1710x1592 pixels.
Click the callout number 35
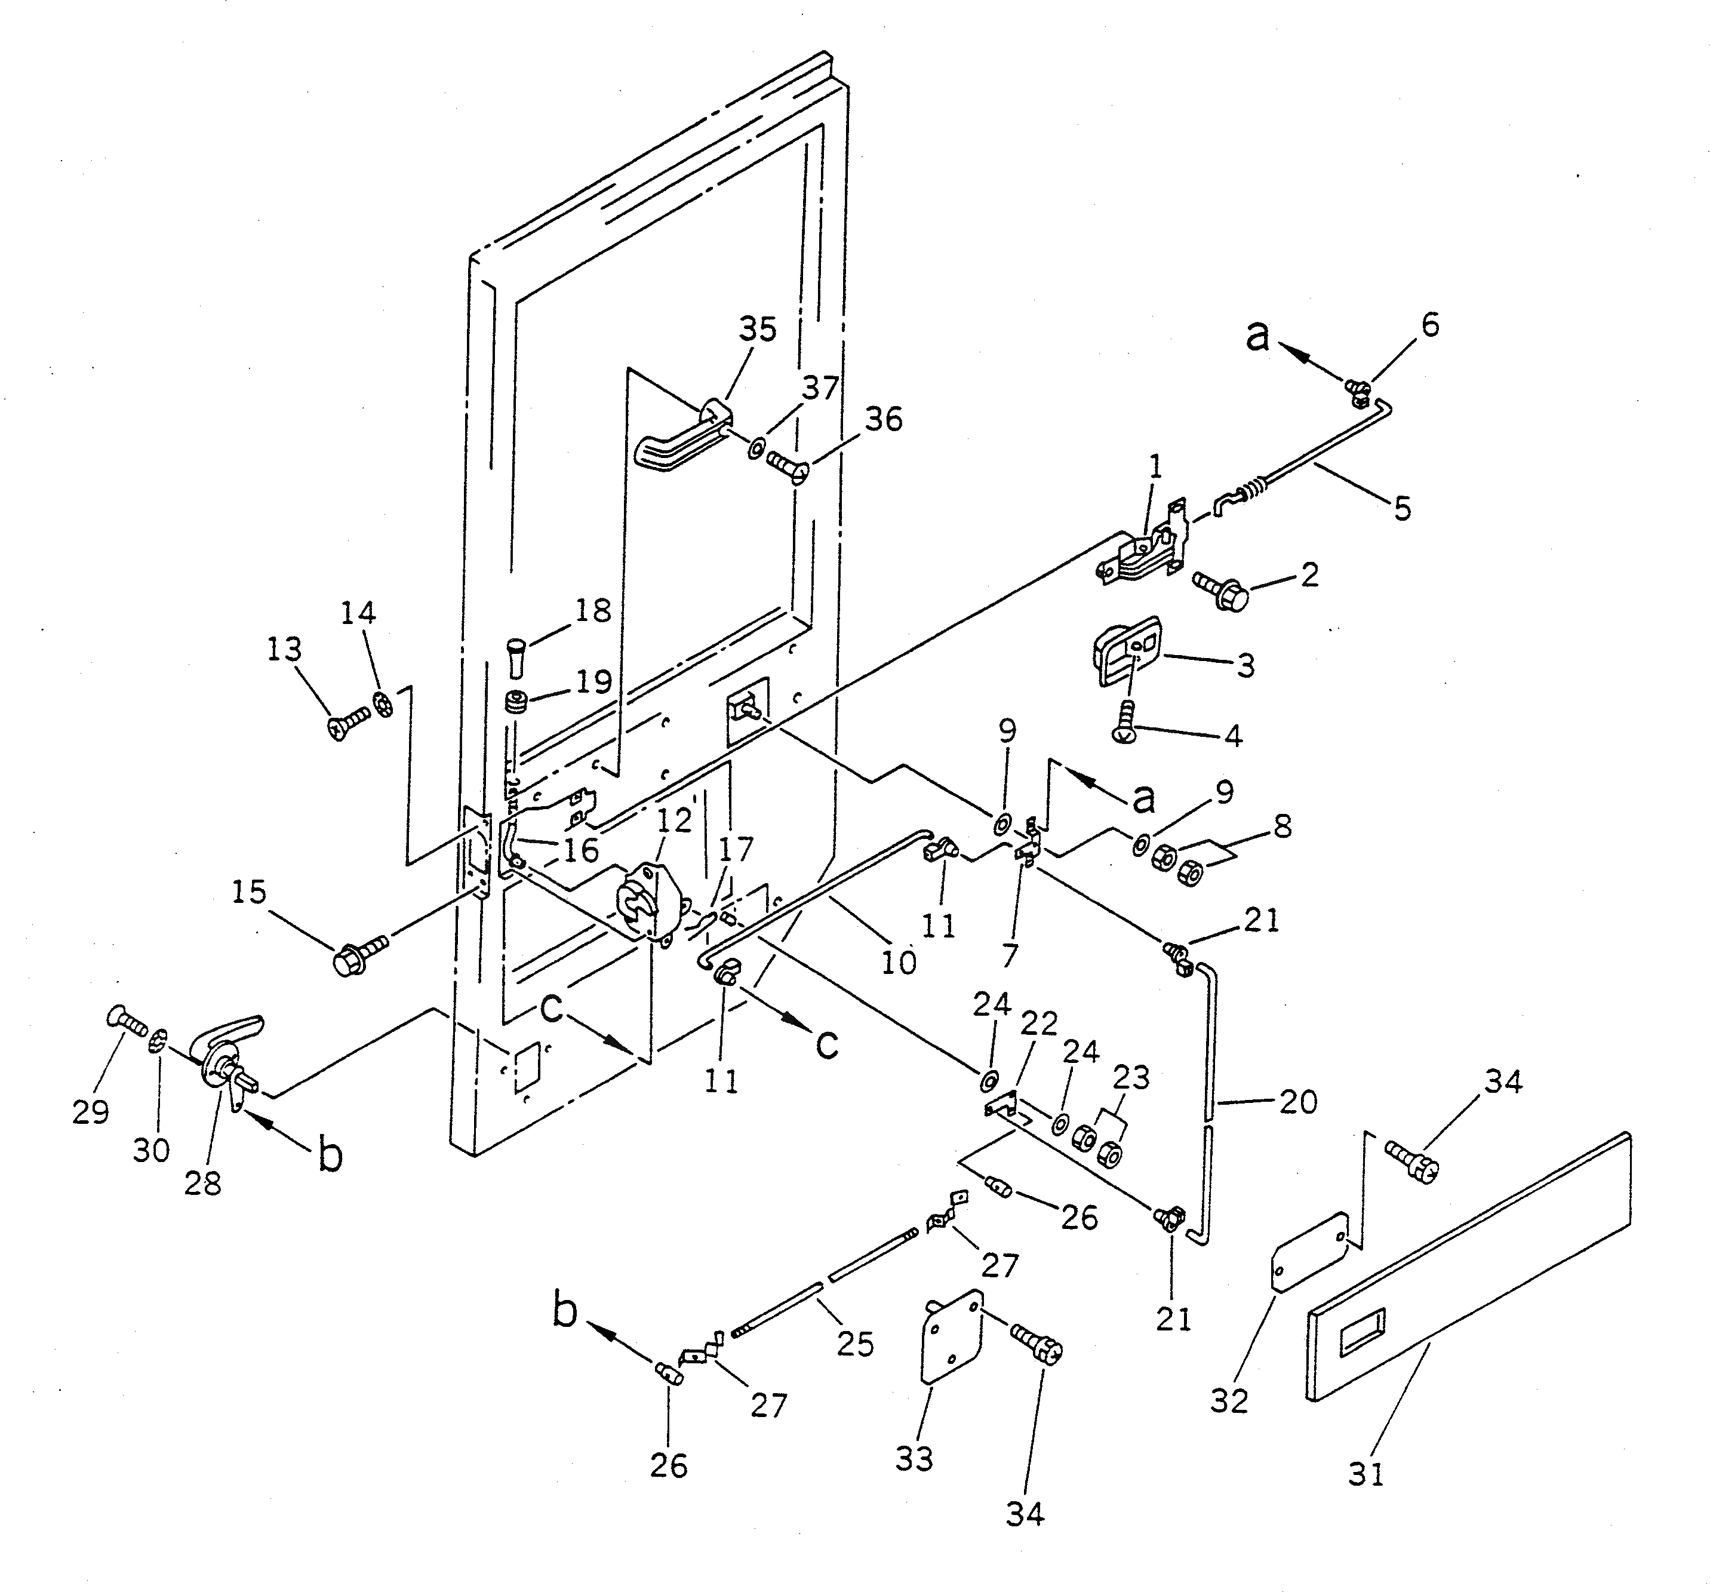(757, 330)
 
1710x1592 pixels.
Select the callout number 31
(1366, 1473)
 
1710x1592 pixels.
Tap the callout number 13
(284, 649)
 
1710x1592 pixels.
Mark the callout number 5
(1402, 508)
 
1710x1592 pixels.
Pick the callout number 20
(1298, 1101)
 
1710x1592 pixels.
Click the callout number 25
(855, 1344)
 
